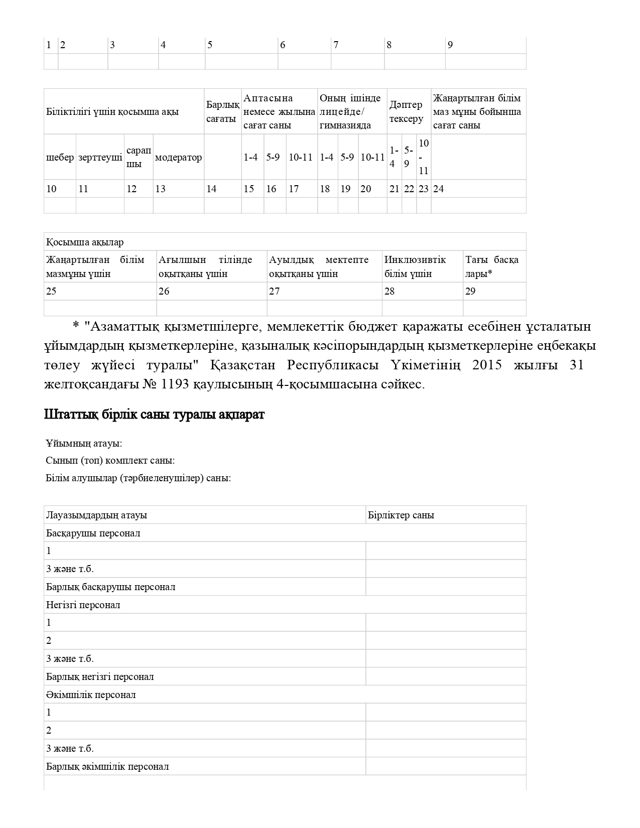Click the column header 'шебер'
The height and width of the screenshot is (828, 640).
(60, 158)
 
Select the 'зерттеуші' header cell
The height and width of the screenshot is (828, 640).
(100, 158)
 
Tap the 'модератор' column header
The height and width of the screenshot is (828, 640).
(178, 158)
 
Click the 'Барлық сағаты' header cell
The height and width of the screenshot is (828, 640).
(222, 112)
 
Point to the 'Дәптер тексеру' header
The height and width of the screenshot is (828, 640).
(406, 112)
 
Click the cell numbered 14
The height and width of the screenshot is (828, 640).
(212, 189)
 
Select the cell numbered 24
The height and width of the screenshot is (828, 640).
(439, 189)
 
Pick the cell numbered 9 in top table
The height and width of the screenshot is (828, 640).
(450, 45)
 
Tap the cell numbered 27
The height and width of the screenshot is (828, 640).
(275, 292)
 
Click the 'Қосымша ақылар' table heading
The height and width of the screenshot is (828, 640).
(85, 242)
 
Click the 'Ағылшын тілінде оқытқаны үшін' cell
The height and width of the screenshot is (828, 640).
(205, 267)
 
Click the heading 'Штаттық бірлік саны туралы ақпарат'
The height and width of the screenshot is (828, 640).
(154, 415)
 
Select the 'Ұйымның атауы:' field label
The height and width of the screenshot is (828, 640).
(84, 444)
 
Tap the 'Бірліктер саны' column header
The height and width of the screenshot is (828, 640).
(401, 515)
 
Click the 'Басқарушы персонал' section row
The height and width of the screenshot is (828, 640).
(93, 533)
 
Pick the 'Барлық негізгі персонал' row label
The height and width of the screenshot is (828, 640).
(100, 677)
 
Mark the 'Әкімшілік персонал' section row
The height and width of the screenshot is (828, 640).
(91, 695)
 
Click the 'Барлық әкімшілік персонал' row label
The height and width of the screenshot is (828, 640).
(107, 767)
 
